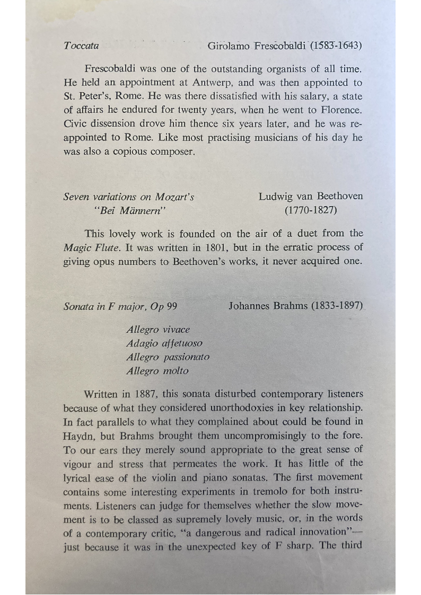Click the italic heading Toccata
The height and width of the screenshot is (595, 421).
click(81, 46)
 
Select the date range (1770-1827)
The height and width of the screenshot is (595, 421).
click(311, 210)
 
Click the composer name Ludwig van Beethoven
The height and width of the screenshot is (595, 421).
click(311, 197)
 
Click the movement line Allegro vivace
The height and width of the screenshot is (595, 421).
click(157, 330)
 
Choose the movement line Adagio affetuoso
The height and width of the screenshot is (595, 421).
click(164, 343)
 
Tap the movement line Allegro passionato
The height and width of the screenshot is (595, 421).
click(168, 357)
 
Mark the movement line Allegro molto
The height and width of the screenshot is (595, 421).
click(157, 371)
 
